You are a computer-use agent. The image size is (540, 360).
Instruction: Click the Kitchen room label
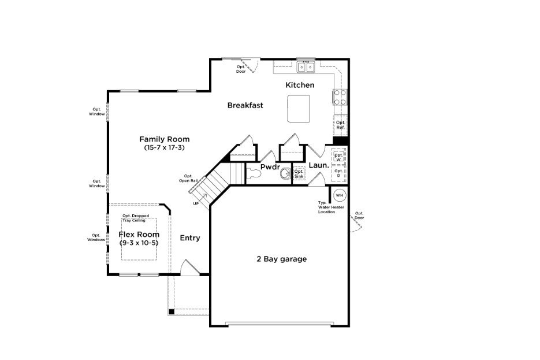coord(300,86)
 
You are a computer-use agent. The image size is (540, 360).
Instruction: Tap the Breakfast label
coord(245,105)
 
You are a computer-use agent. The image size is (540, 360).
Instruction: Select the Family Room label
coord(164,139)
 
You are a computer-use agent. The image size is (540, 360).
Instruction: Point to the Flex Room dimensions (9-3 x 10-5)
coord(139,243)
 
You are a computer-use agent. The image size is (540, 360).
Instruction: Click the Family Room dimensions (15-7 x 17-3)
coord(164,148)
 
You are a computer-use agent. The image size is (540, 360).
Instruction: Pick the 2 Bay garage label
coord(281,259)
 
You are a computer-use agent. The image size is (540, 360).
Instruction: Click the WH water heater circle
coord(339,194)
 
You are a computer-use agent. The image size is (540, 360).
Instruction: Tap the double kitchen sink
coord(306,67)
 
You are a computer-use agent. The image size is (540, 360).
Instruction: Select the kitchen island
coord(297,109)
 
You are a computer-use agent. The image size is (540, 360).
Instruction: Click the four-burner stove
coord(340,97)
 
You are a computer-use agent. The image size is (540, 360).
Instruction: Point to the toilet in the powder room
coord(254,172)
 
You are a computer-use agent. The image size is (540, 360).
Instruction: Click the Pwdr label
coord(270,167)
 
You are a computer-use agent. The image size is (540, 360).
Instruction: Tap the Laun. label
coord(318,166)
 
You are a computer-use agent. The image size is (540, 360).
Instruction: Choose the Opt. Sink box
coord(299,174)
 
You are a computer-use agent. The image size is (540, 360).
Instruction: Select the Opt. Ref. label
coord(340,125)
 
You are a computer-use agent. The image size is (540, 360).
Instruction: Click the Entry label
coord(190,238)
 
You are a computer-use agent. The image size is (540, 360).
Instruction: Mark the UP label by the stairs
coord(196,203)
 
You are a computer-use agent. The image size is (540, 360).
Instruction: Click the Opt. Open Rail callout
coord(188,178)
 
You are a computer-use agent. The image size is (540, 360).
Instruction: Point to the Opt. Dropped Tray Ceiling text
coord(135,218)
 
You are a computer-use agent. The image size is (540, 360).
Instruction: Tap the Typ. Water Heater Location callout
coord(326,207)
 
